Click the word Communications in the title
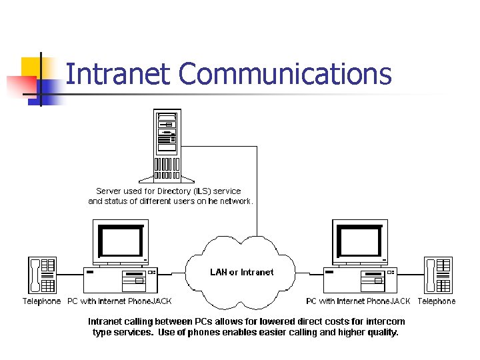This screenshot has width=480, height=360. point(285,74)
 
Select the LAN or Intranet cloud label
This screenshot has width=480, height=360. point(241,272)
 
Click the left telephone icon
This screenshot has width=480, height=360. point(41,275)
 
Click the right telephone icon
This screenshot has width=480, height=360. point(438,275)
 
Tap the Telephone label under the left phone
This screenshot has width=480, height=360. point(41,301)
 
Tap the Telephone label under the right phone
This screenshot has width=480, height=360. point(437,301)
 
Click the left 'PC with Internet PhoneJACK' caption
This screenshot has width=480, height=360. point(119,301)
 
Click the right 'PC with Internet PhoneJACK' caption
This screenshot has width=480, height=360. point(358,301)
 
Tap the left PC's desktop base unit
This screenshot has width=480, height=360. point(120,279)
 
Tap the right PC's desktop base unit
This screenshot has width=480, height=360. point(359,279)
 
